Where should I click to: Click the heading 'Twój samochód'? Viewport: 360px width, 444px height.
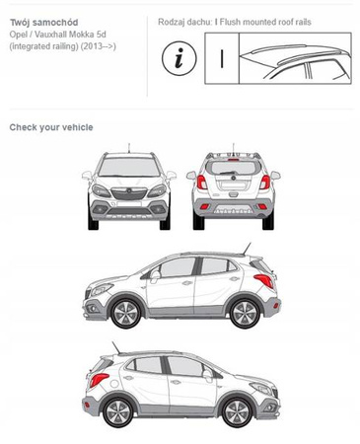pyautogui.click(x=44, y=23)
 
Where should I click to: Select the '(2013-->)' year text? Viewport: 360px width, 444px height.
pyautogui.click(x=99, y=46)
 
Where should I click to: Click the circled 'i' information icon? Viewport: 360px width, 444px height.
pyautogui.click(x=179, y=58)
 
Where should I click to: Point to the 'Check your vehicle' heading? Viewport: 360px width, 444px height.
pyautogui.click(x=51, y=127)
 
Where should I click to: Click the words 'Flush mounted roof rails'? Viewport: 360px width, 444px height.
pyautogui.click(x=265, y=22)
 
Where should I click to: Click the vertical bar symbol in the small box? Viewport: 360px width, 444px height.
pyautogui.click(x=222, y=59)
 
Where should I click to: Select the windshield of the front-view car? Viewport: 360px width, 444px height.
pyautogui.click(x=129, y=167)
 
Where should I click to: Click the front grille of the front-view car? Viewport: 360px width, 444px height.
pyautogui.click(x=129, y=193)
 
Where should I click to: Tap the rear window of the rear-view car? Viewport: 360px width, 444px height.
pyautogui.click(x=234, y=168)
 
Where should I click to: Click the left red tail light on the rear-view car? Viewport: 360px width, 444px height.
pyautogui.click(x=202, y=183)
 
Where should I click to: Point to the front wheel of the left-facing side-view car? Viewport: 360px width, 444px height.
pyautogui.click(x=126, y=314)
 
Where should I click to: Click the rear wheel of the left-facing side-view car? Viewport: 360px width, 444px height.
pyautogui.click(x=244, y=314)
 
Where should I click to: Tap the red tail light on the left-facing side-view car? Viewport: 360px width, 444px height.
pyautogui.click(x=263, y=280)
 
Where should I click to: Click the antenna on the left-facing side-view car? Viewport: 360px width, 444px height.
pyautogui.click(x=247, y=249)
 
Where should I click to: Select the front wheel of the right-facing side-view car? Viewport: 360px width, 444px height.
pyautogui.click(x=237, y=412)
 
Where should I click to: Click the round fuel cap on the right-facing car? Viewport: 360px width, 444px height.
pyautogui.click(x=114, y=384)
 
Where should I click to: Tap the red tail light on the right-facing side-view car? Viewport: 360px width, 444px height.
pyautogui.click(x=99, y=380)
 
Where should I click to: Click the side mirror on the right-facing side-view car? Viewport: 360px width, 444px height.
pyautogui.click(x=208, y=375)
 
